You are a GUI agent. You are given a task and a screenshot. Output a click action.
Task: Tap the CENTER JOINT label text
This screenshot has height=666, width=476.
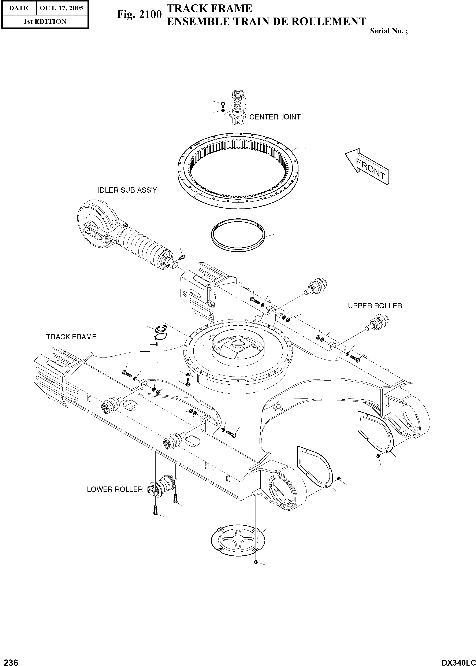point(275,117)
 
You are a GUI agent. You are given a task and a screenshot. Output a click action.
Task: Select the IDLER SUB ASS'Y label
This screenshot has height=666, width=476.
point(127,190)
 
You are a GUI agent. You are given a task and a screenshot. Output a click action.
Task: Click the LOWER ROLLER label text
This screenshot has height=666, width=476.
point(115,489)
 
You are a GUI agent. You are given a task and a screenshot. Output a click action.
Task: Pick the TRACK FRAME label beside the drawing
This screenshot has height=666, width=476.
point(71,337)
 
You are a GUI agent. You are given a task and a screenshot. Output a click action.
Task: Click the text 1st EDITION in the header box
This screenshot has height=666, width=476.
point(45,21)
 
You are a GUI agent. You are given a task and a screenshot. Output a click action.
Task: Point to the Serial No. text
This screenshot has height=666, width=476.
point(388,31)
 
